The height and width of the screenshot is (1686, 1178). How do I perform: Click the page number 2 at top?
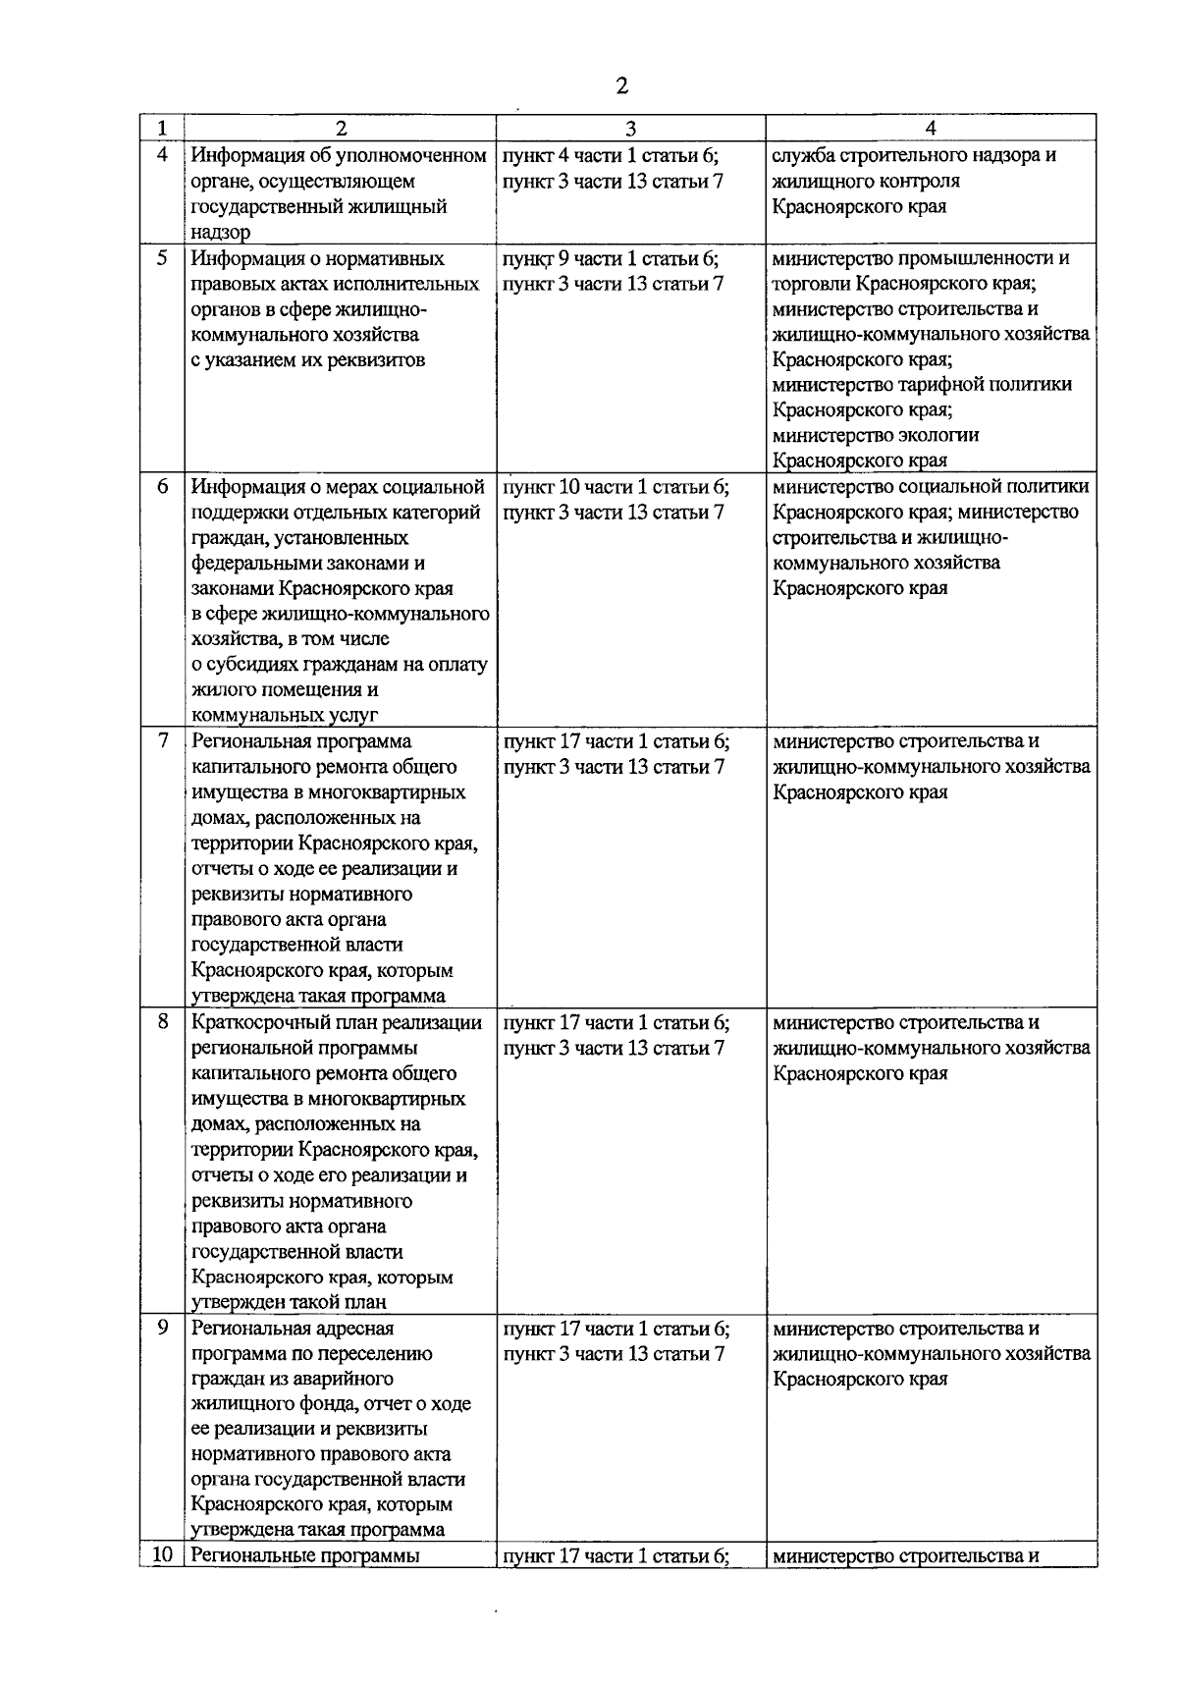621,85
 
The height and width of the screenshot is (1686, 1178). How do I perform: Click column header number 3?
630,129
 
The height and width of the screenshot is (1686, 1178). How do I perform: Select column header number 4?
930,129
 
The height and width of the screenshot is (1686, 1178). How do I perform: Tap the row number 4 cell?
162,155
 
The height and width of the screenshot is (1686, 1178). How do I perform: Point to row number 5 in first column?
162,258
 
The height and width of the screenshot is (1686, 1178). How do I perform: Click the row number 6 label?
162,486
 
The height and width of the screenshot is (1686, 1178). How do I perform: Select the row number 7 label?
162,740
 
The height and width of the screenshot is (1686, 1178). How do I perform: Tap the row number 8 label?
162,1022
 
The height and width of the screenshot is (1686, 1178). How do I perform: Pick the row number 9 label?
162,1328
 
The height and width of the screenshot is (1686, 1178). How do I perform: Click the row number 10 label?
162,1555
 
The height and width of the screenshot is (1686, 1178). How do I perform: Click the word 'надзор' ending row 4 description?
221,233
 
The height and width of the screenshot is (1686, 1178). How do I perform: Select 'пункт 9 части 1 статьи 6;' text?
611,259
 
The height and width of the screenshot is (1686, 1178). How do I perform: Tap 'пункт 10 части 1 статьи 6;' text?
616,487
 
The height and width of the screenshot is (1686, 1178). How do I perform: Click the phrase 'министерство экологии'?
876,435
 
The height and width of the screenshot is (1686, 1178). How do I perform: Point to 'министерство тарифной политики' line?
922,385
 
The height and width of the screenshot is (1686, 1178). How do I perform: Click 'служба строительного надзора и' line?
914,156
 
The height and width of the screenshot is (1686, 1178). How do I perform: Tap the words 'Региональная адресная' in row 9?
293,1329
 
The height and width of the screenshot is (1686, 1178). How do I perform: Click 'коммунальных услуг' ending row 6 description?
285,716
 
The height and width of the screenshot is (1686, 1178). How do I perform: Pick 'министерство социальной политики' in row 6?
931,487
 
